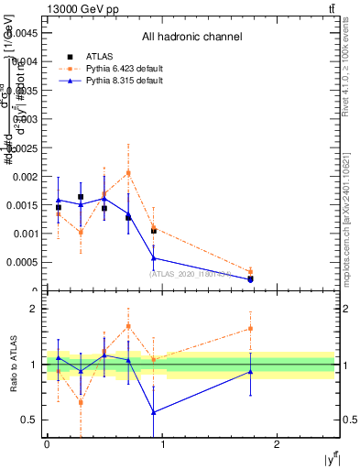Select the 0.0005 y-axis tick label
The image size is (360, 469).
point(25,262)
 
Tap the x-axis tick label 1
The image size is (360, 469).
point(162,444)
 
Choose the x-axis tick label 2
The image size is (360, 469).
point(278,444)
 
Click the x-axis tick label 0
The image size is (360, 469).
point(47,444)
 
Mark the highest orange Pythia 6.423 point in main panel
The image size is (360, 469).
point(128,172)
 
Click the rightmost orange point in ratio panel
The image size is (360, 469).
point(250,328)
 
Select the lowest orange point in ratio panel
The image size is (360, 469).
point(82,402)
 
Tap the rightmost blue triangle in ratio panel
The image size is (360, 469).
point(250,371)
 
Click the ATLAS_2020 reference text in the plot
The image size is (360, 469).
point(191,273)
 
